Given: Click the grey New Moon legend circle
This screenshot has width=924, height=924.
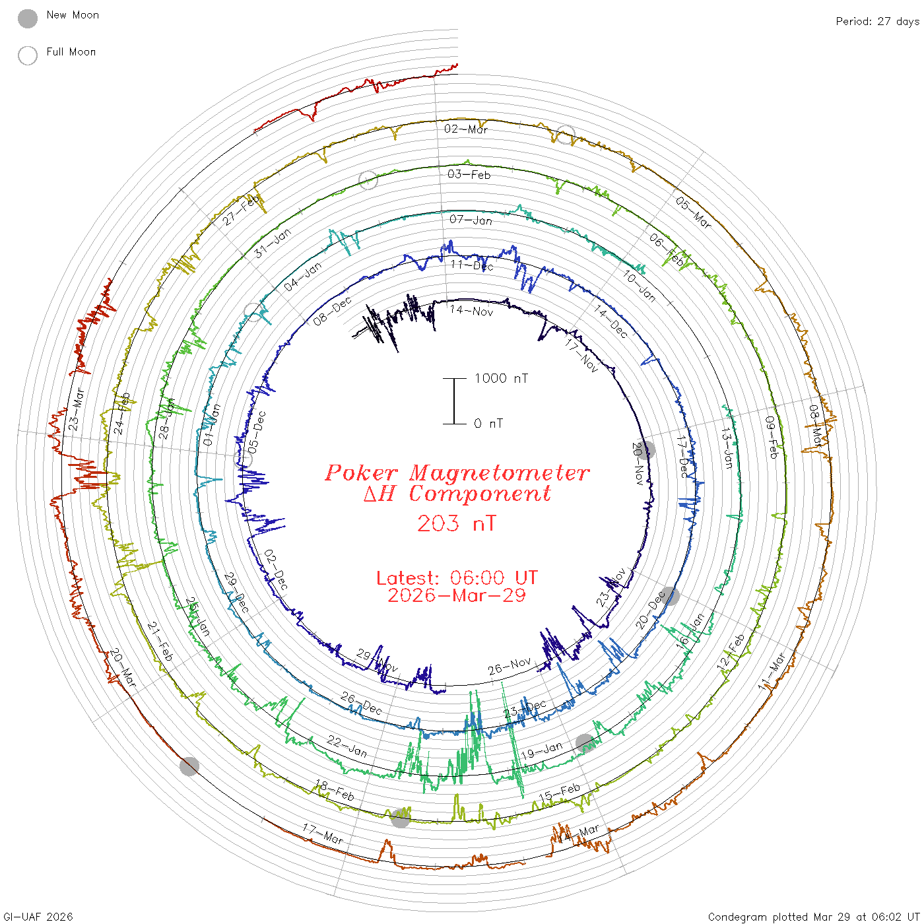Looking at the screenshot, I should [x=28, y=19].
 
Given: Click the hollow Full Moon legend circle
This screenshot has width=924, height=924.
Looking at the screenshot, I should [x=28, y=55].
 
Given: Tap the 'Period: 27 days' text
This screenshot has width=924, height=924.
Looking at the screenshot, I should [x=877, y=21].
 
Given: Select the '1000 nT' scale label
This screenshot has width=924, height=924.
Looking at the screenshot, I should [x=501, y=378].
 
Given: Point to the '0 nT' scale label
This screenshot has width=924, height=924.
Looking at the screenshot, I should [x=488, y=424].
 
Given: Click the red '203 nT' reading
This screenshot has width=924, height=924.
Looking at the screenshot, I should [x=456, y=523].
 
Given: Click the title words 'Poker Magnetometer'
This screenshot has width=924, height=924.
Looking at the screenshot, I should [x=457, y=473].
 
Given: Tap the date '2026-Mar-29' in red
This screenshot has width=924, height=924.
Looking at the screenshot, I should [x=456, y=595].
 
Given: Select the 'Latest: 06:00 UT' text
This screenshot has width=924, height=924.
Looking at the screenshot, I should [x=457, y=577].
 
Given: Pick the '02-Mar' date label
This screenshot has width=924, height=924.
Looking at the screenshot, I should [x=466, y=129].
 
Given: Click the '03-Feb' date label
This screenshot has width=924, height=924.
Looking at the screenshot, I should [x=469, y=174].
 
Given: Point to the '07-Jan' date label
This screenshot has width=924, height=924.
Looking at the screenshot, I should [x=471, y=220].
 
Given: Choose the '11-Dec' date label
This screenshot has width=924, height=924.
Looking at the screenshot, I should [x=472, y=265].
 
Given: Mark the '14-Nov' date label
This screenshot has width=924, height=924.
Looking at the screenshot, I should [x=471, y=311].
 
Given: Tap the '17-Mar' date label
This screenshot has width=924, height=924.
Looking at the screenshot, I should [x=323, y=834].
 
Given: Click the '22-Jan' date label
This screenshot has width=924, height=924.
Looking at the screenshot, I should [x=346, y=746].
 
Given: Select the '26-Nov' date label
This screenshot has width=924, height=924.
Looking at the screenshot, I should [x=510, y=667].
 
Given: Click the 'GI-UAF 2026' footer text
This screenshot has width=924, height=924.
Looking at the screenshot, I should [x=38, y=917].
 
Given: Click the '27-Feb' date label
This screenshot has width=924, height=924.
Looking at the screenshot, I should [x=240, y=211].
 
